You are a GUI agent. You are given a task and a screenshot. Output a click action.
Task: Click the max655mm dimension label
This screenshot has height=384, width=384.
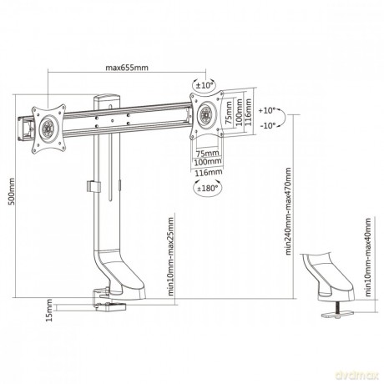point(127,68)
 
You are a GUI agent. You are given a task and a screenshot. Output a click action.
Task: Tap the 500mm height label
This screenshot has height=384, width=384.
point(12,192)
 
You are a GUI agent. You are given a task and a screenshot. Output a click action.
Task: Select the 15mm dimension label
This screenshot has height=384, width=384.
point(49,310)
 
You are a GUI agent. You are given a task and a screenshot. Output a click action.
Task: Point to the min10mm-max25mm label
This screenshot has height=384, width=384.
point(170,256)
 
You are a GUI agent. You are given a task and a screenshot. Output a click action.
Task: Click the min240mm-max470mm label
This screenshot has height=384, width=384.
point(288,211)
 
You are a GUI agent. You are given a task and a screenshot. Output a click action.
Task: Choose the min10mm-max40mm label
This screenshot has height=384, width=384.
point(368,257)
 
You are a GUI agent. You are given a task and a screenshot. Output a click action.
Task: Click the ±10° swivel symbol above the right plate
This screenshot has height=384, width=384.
point(205,85)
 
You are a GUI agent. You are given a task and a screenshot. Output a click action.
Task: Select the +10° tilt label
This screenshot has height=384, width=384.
point(266,110)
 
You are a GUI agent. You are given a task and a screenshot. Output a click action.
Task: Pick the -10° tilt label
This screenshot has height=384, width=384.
point(267,125)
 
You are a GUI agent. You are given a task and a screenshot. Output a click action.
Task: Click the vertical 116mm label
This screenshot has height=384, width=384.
point(249,112)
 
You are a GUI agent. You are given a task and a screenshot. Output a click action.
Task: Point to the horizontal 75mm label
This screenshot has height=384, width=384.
point(208,153)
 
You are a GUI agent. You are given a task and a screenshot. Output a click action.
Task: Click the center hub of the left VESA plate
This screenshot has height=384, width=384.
point(48,129)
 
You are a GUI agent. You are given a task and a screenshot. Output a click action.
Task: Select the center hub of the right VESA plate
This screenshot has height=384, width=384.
point(207,114)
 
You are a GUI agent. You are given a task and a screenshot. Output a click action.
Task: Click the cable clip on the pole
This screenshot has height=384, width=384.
point(93,186)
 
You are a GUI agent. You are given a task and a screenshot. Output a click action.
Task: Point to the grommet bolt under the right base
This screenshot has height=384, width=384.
point(338,307)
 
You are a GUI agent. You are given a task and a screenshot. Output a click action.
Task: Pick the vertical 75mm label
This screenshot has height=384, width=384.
point(229,113)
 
